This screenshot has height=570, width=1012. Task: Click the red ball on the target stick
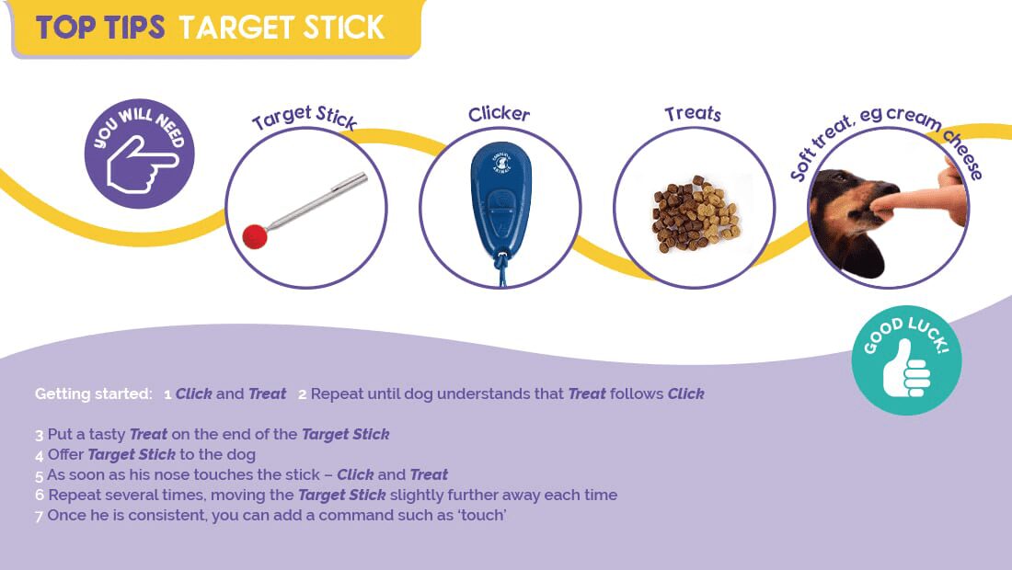255,236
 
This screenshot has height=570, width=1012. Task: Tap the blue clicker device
500,200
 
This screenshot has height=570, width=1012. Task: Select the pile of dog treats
696,214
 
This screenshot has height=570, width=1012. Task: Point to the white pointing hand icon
142,164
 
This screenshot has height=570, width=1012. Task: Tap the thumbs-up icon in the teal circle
906,369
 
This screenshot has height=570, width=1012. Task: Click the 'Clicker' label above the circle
499,114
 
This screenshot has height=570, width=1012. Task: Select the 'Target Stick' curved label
304,117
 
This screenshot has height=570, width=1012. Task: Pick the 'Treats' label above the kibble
693,113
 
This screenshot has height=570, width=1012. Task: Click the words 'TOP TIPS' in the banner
100,28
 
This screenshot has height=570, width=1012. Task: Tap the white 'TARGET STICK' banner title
282,28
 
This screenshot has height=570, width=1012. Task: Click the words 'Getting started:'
94,394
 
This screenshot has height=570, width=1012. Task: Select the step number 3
40,436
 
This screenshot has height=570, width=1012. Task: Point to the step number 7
40,517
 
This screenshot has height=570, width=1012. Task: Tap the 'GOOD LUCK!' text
906,334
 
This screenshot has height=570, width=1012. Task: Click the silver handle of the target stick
316,201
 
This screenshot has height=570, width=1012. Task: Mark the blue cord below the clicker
500,271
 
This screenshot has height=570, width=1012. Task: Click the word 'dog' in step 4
241,454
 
